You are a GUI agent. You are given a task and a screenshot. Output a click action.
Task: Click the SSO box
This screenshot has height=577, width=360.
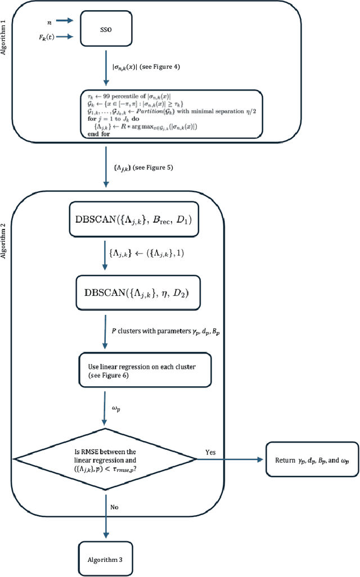(x=105, y=29)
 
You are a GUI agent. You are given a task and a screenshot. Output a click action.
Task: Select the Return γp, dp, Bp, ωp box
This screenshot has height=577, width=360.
(x=312, y=460)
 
